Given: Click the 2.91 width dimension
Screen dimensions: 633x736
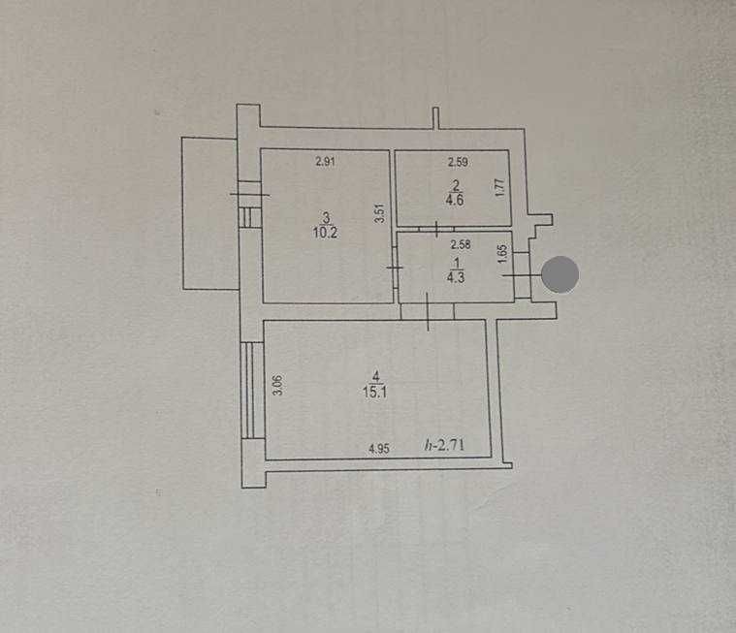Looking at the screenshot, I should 325,163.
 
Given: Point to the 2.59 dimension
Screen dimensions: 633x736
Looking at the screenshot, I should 457,163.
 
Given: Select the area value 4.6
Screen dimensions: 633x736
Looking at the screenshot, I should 455,202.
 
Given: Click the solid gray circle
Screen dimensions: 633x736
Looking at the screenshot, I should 560,275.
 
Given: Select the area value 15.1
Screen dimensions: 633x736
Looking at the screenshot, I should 373,394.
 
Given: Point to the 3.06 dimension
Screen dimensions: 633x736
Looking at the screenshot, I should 276,386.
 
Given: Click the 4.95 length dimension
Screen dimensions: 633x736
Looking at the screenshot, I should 379,449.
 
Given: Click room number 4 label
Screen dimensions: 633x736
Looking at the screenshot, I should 373,379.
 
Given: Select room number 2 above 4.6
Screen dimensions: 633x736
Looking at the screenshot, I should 455,188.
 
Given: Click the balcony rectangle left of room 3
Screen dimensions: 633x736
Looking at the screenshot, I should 208,213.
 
